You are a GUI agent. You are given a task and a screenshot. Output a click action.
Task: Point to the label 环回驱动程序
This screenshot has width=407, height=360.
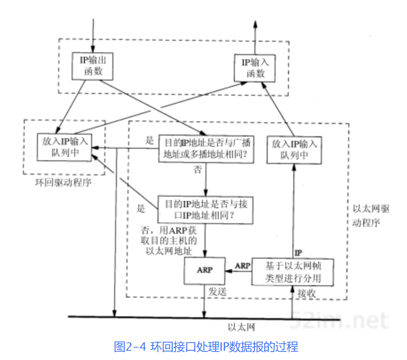tap(63, 182)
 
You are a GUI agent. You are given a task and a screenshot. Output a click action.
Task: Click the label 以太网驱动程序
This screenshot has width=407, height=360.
tap(371, 215)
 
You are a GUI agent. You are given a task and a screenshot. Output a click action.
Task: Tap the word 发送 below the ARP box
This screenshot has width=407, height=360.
tap(218, 292)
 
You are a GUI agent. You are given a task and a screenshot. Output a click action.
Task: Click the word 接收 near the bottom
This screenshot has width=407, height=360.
tap(307, 294)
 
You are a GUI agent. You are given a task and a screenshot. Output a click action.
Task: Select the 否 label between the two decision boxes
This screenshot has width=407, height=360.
tap(197, 170)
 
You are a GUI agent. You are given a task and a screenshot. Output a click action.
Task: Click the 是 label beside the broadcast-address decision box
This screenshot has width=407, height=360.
tap(150, 140)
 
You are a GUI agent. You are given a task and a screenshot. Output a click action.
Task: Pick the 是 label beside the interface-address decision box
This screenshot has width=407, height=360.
tap(141, 208)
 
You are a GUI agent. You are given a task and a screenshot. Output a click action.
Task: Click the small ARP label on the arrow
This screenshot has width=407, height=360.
tap(242, 266)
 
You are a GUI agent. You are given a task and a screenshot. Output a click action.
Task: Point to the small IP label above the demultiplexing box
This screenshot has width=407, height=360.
tap(298, 253)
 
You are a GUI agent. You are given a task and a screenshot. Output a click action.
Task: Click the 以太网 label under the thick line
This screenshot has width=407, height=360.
tap(241, 327)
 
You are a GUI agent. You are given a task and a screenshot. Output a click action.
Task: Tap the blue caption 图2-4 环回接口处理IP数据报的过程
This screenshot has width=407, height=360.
tap(206, 347)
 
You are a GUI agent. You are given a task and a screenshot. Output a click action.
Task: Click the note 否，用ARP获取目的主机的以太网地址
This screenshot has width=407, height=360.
tap(169, 241)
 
